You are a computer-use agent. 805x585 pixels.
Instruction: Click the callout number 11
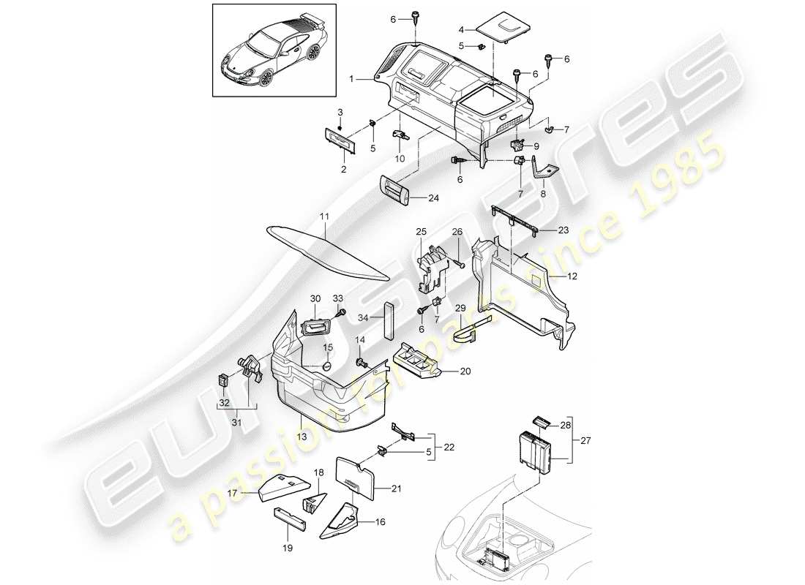click(x=325, y=217)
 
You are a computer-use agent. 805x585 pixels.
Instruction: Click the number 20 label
click(x=465, y=371)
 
